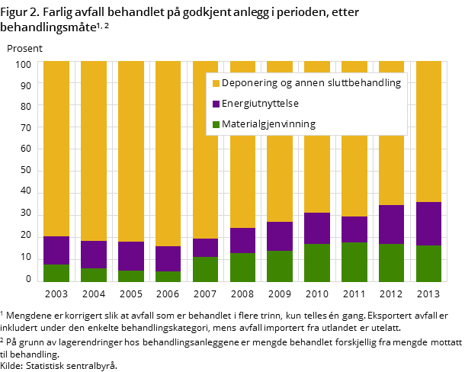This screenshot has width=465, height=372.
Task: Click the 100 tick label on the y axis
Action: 24,64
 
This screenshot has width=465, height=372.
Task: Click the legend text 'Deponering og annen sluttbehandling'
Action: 311,82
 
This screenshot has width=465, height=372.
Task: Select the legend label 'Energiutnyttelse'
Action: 260,103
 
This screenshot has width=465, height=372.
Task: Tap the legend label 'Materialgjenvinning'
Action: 268,123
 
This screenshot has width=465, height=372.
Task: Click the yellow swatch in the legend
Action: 216,83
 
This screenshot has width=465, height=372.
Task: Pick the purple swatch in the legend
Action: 216,104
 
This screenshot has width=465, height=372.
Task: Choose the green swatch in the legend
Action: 216,124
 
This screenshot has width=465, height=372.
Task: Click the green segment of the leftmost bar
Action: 56,273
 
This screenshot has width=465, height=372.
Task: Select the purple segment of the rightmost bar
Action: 428,223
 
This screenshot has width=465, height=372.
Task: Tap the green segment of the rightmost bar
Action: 428,264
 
